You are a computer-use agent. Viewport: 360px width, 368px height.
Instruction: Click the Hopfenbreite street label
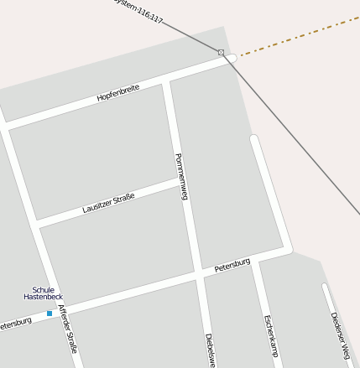point(117,92)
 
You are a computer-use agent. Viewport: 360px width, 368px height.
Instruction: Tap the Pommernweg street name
point(180,176)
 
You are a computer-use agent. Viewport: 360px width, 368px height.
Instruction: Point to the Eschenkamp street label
point(269,336)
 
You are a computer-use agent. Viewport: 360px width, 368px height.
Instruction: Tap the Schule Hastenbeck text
point(43,294)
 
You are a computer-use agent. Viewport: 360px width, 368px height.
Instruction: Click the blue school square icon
point(50,313)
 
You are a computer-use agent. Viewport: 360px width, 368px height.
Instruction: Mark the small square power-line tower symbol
point(221,53)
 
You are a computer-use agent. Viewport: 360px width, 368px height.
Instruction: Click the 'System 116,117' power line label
point(138,10)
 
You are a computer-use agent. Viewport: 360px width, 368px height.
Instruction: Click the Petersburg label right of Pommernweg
point(232,265)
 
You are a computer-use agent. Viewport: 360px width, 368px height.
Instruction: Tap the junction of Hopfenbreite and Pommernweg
point(166,80)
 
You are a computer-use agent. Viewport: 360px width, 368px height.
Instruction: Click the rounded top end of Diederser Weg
point(325,287)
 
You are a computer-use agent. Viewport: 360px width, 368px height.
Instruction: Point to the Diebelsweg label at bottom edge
point(210,350)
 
